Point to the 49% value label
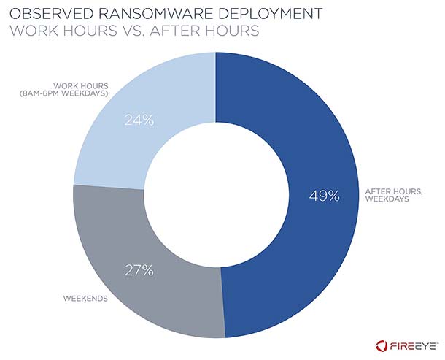tap(323, 196)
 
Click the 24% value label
tap(138, 120)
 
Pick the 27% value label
tap(138, 270)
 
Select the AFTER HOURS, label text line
tap(388, 192)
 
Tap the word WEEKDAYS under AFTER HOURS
tap(384, 202)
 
